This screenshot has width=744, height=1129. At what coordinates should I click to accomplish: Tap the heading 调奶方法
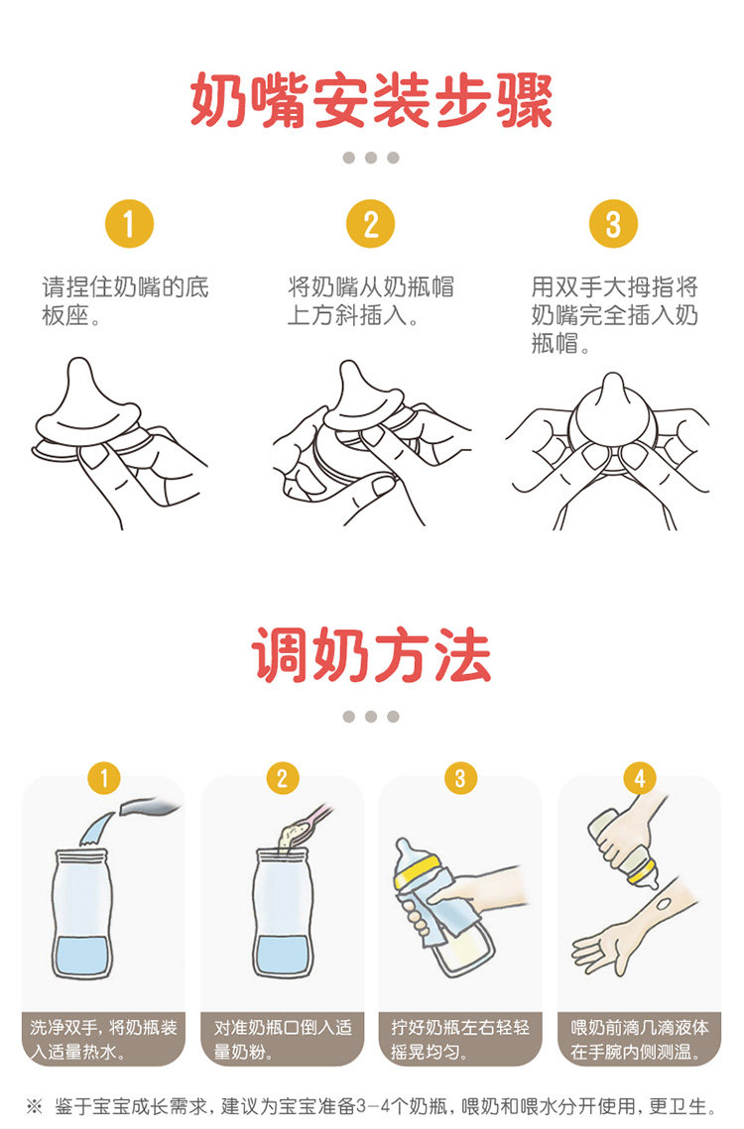tap(371, 654)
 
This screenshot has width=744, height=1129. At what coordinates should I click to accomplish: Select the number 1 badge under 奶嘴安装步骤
tap(129, 223)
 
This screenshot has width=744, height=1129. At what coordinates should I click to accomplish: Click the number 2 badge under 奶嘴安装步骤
tap(371, 223)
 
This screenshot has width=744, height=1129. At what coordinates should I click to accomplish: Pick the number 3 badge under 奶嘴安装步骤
tap(613, 223)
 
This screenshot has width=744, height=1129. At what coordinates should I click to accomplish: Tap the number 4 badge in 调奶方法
tap(640, 778)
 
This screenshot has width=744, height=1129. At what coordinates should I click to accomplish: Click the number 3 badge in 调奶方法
tap(460, 778)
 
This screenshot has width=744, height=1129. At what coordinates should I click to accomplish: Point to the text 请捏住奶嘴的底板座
tap(125, 301)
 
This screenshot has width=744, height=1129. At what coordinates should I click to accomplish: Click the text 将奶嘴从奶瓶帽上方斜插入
tap(371, 301)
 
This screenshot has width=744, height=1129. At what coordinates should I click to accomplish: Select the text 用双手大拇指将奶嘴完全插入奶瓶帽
tap(614, 314)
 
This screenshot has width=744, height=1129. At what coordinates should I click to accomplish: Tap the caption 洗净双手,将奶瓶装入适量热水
tap(103, 1039)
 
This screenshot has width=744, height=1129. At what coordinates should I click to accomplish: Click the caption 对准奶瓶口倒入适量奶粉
tap(282, 1039)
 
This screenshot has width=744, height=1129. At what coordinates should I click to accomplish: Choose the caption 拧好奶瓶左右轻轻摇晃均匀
tap(460, 1039)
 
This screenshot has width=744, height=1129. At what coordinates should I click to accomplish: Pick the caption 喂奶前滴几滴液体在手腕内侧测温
tap(640, 1039)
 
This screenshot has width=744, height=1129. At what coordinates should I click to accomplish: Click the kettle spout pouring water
tap(148, 807)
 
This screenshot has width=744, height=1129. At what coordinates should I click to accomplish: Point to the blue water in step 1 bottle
tap(83, 956)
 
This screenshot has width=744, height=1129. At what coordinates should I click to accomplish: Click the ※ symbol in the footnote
tap(34, 1105)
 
